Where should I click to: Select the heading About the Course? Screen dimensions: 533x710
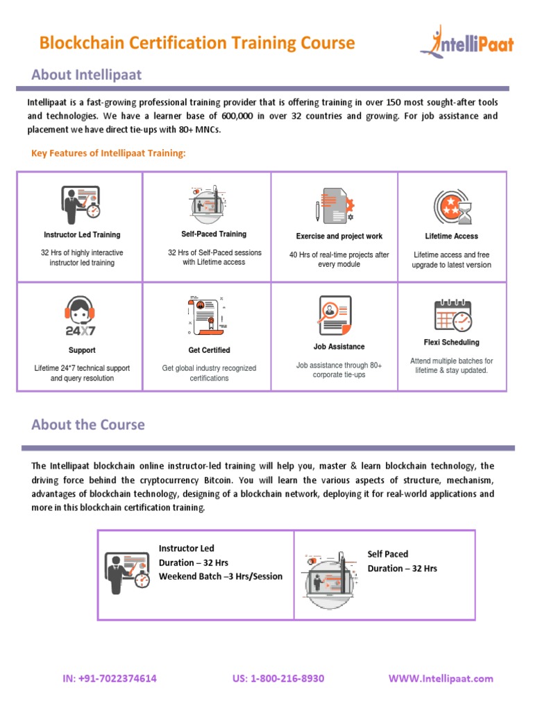88,424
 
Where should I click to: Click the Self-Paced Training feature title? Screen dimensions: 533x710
214,234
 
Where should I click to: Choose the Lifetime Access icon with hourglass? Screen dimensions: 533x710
452,206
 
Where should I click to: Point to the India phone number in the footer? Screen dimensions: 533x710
110,678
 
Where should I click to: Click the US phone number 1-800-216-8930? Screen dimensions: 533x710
278,678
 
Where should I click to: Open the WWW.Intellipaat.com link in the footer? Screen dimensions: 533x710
441,678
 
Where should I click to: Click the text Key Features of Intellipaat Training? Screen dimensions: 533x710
109,153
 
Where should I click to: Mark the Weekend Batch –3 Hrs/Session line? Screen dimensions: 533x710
221,576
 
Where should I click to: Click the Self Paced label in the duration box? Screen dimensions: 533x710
388,554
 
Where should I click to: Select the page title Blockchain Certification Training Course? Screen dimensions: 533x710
197,43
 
